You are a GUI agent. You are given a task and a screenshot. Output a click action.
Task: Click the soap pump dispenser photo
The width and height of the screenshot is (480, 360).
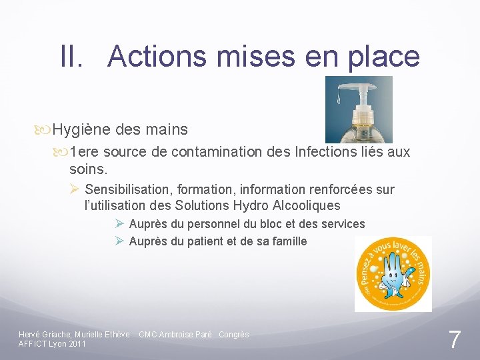(x=359, y=109)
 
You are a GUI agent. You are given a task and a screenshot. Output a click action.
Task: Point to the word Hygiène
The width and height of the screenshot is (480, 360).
(x=79, y=129)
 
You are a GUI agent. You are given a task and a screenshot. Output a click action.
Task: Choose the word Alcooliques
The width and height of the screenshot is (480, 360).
(x=306, y=205)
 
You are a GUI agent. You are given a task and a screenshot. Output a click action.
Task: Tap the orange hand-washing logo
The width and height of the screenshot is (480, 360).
(x=393, y=273)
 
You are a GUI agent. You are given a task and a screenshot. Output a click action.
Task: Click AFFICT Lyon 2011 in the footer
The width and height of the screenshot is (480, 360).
(x=52, y=344)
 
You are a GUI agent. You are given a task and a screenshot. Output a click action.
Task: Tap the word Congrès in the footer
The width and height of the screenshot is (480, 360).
(x=233, y=334)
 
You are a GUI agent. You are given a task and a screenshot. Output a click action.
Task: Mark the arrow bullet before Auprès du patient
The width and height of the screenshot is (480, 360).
(x=119, y=241)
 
